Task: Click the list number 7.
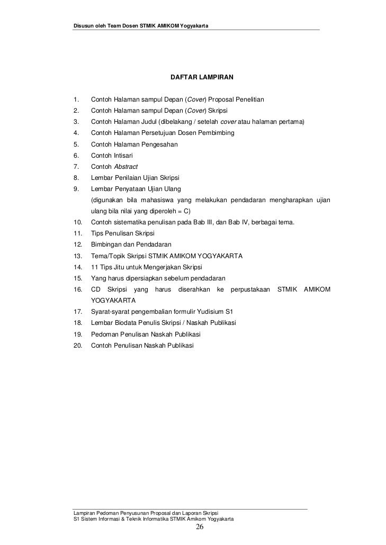coord(76,166)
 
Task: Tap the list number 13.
coord(77,256)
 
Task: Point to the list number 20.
coord(77,346)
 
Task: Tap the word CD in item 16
coord(96,289)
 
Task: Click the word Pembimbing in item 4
coord(217,133)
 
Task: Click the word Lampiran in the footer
coord(85,513)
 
